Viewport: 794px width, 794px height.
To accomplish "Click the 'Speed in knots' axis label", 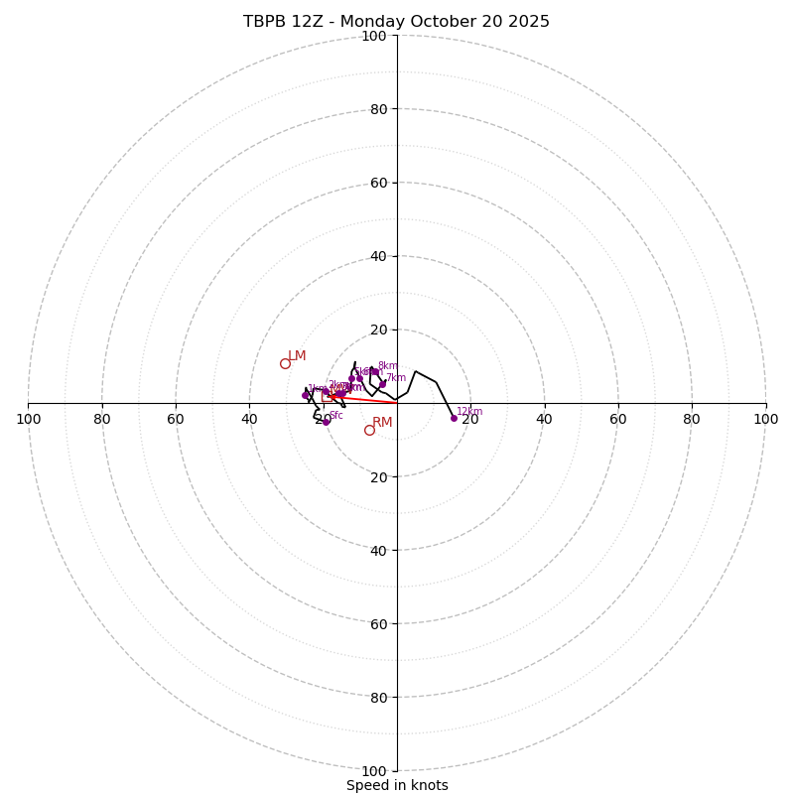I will (397, 785).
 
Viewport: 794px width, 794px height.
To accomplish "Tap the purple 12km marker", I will (454, 418).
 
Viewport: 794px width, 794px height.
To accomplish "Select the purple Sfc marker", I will (326, 422).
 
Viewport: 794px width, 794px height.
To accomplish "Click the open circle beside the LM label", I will (285, 363).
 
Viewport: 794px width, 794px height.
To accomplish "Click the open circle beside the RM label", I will (369, 430).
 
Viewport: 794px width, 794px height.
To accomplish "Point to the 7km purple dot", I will (382, 384).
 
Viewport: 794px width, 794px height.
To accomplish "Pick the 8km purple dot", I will (373, 371).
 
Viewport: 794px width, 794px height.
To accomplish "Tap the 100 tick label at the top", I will (374, 36).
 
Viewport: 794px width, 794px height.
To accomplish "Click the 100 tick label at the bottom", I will (374, 770).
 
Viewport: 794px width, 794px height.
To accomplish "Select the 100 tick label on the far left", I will (28, 419).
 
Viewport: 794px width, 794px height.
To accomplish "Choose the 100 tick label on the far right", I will (765, 419).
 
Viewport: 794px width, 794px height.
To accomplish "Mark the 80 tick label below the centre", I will (378, 697).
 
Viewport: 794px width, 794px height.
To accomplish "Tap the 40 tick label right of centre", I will (544, 419).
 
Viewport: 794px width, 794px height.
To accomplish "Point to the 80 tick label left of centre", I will (102, 419).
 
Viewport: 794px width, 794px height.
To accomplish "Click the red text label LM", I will (297, 356).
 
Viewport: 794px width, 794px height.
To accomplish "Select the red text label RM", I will (382, 423).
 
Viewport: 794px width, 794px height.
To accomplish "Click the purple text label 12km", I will (469, 412).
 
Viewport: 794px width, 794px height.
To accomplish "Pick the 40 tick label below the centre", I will (378, 550).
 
